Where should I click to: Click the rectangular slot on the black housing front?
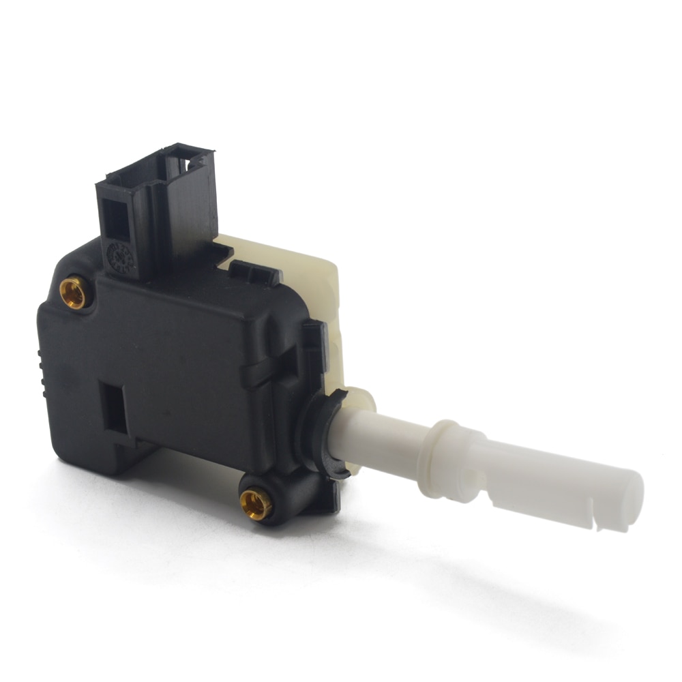112,407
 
